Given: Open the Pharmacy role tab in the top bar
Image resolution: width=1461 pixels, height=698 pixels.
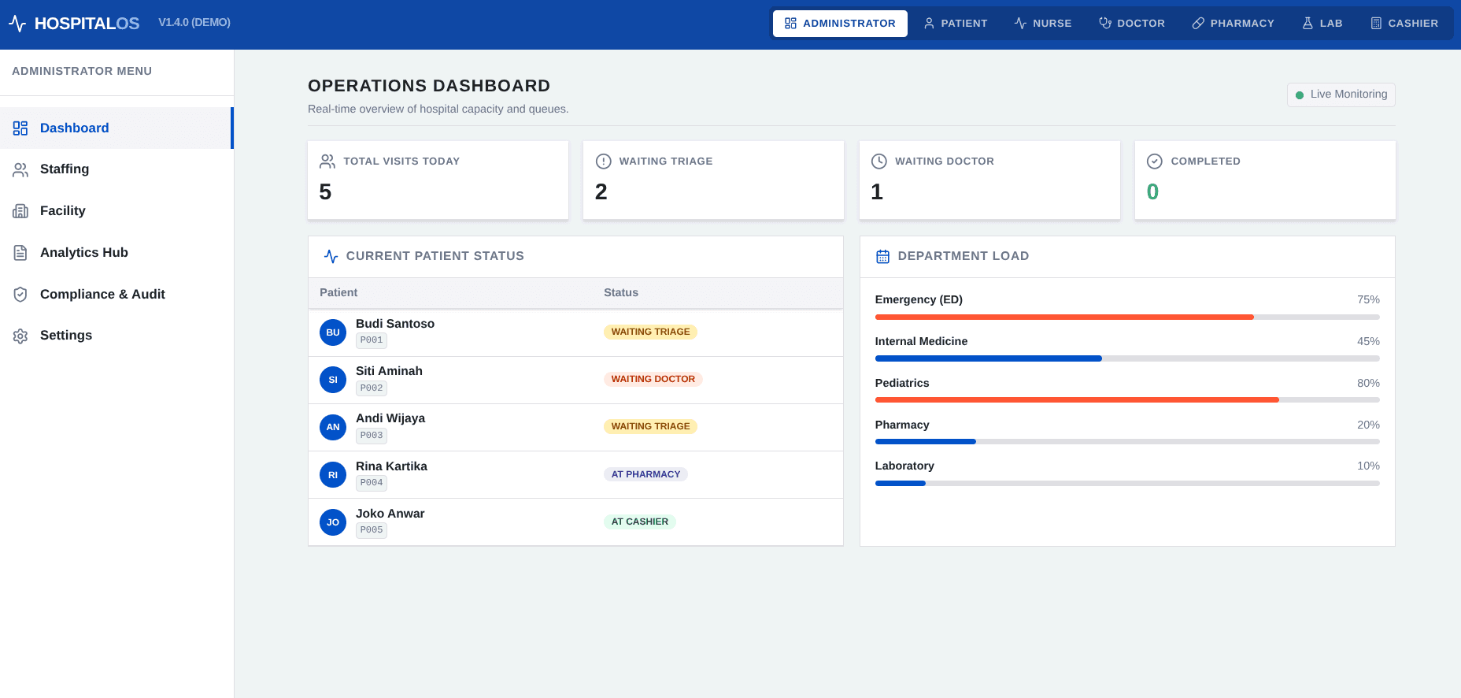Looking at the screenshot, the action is point(1233,24).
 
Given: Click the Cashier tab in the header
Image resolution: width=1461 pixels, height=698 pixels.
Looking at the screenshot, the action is point(1404,24).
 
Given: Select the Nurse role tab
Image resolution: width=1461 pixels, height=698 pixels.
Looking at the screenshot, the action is point(1043,24).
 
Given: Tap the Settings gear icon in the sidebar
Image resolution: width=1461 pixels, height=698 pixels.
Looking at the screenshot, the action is point(20,336).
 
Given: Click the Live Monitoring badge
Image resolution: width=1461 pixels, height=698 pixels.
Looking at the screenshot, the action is point(1341,95).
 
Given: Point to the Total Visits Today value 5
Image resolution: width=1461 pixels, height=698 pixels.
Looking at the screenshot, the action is point(325,191).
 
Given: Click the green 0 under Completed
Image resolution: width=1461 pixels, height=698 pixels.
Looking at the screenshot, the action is point(1152,191).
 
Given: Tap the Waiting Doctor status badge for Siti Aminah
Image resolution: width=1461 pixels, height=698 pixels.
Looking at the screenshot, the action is point(653,379).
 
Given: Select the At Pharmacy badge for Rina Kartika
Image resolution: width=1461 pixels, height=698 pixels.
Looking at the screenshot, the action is point(645,474).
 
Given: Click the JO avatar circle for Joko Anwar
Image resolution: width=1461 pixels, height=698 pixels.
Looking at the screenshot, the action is point(333,522).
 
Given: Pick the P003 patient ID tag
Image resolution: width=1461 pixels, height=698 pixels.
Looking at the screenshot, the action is point(372,436).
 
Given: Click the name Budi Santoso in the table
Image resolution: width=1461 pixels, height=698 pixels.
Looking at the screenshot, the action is point(395,324).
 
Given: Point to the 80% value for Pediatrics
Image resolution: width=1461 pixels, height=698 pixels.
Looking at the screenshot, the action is point(1368,383).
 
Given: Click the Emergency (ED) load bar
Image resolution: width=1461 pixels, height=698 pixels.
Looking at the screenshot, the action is point(1127,317).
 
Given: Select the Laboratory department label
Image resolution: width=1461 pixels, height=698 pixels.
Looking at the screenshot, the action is point(904,466).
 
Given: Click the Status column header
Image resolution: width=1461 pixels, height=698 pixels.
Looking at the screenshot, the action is point(621,292).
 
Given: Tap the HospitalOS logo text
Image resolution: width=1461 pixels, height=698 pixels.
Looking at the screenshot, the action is point(87,24).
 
